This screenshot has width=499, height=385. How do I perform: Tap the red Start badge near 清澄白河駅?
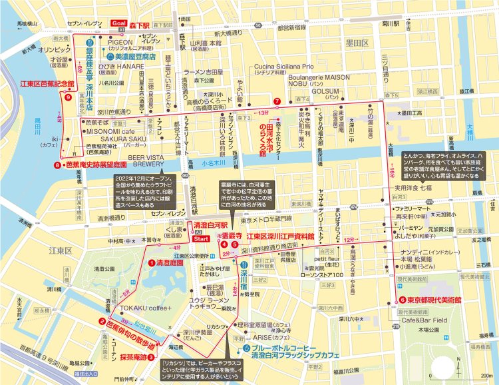pyautogui.click(x=201, y=238)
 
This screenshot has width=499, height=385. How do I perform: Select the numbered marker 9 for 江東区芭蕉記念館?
pyautogui.click(x=67, y=97)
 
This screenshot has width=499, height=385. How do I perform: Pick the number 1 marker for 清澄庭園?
pyautogui.click(x=151, y=263)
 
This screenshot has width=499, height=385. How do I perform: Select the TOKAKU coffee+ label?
pyautogui.click(x=146, y=308)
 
